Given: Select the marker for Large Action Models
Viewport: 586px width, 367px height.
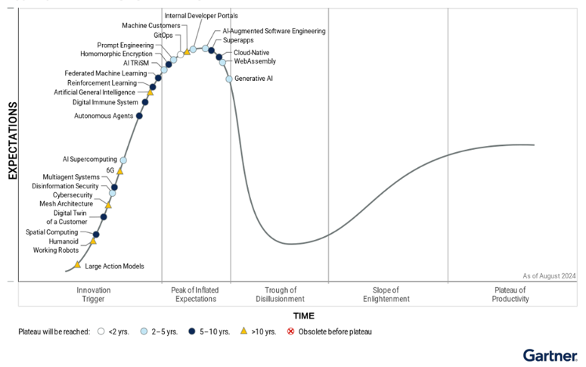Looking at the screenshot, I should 77,265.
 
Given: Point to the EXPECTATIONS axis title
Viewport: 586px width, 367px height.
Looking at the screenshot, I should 13,142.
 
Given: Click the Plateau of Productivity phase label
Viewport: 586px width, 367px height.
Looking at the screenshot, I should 511,294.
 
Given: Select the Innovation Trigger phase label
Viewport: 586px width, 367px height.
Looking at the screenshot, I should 94,294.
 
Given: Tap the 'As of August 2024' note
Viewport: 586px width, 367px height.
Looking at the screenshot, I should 549,276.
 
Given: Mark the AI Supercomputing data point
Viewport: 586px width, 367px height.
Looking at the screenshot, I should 123,160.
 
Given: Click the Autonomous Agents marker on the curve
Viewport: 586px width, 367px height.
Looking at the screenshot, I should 139,116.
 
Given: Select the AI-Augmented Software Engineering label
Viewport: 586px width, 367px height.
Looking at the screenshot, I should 274,32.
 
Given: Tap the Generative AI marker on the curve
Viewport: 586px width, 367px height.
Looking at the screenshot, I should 229,79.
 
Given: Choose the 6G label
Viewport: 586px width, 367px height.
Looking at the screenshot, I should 110,170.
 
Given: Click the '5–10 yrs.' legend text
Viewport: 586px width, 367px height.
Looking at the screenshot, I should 215,331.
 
